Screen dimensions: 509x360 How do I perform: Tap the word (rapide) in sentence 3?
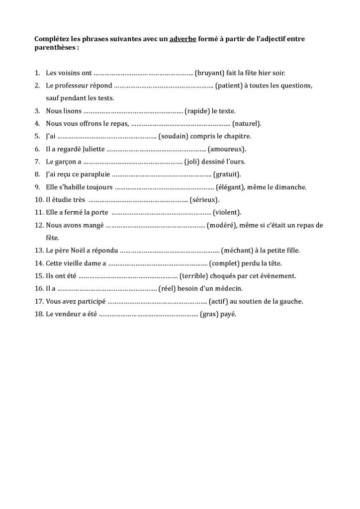click(198, 111)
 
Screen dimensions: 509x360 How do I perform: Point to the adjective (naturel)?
click(247, 123)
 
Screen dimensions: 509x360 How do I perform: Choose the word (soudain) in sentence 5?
click(174, 136)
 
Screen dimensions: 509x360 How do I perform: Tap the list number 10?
click(39, 200)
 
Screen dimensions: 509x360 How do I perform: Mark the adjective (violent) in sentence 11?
click(227, 213)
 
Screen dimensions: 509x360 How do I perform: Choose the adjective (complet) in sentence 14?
click(226, 263)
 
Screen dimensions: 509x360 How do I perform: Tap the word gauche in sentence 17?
click(291, 301)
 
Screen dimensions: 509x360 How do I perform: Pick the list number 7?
click(38, 162)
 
